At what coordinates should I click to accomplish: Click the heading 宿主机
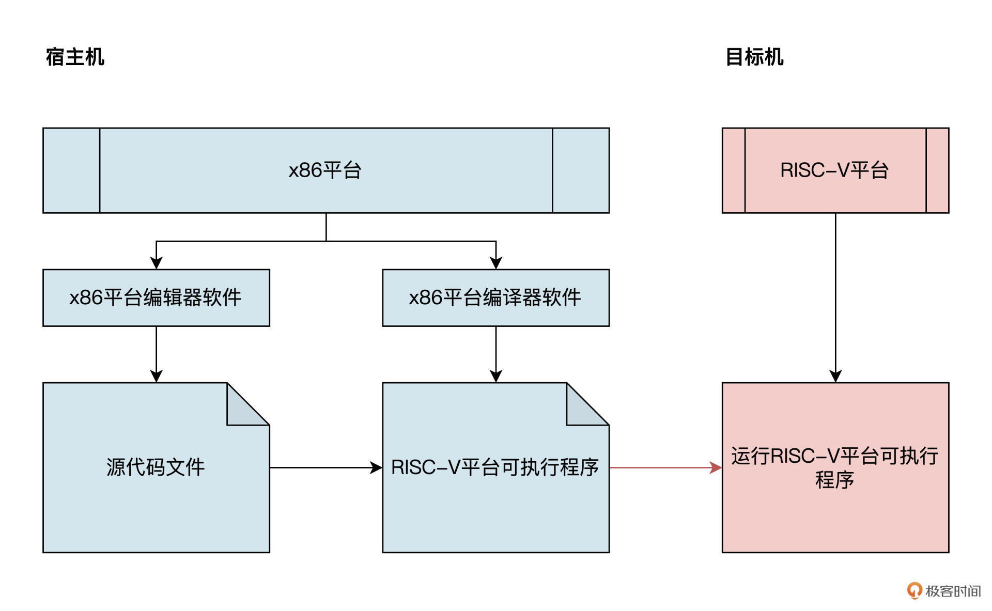[75, 57]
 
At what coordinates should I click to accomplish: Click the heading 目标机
[754, 57]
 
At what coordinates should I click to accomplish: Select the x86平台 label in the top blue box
[325, 170]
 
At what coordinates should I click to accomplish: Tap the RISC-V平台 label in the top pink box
[834, 170]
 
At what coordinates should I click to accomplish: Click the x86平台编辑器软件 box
[156, 297]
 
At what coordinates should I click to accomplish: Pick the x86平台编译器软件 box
[495, 297]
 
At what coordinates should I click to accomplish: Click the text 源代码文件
[156, 467]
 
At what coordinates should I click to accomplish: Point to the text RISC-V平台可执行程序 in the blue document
[494, 467]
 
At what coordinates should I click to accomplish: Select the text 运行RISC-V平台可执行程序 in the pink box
[834, 467]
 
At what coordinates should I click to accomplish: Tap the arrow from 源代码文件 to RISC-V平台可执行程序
[326, 467]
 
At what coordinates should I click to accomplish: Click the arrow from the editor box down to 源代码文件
[156, 354]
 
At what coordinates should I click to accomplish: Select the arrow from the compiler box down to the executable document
[495, 354]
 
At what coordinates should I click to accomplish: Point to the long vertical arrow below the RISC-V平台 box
[835, 297]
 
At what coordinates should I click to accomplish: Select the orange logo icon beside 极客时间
[914, 590]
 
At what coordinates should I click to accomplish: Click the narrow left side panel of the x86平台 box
[71, 170]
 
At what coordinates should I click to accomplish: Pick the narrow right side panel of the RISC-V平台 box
[937, 170]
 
